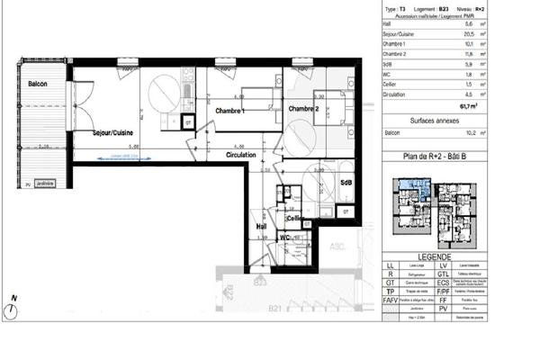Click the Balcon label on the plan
[x=38, y=84]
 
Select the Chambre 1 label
[x=231, y=110]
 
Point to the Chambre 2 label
[x=305, y=109]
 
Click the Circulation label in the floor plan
[x=241, y=155]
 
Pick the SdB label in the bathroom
[x=346, y=182]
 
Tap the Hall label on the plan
[x=262, y=226]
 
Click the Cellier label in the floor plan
[x=295, y=218]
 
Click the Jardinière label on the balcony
[x=45, y=184]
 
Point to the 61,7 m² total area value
[x=467, y=104]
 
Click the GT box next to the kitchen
[x=187, y=120]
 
